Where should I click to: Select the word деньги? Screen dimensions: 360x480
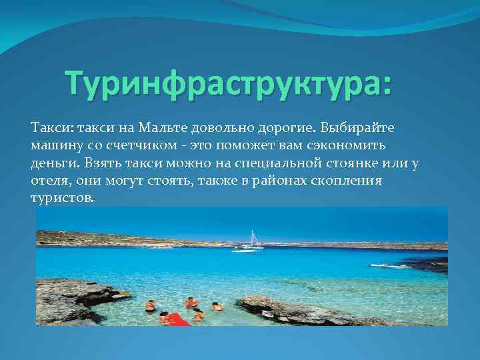point(53,163)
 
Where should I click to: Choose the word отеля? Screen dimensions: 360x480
point(49,181)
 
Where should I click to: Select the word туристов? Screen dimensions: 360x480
point(62,199)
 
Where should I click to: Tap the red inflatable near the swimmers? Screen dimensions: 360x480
point(177,319)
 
